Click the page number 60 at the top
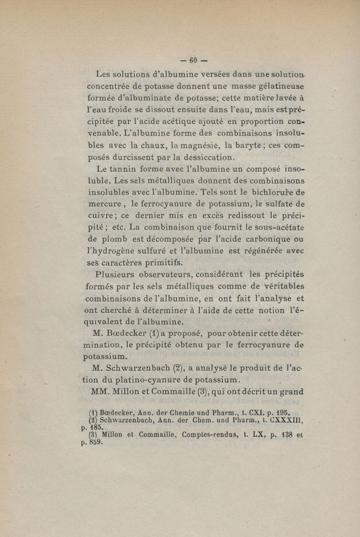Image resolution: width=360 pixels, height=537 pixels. point(194,60)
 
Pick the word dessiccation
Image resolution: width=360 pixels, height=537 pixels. point(205,158)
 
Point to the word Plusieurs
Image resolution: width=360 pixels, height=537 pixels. point(120,275)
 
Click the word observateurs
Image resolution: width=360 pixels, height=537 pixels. point(171,275)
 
